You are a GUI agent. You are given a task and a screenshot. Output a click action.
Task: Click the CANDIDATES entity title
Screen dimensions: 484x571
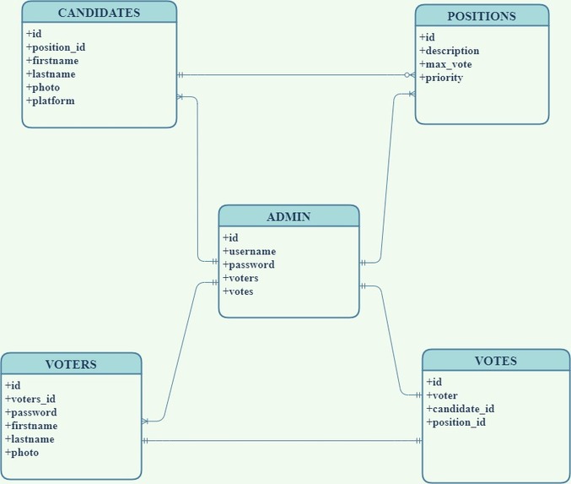(99, 13)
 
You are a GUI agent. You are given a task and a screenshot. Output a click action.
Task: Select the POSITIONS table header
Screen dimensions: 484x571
(482, 16)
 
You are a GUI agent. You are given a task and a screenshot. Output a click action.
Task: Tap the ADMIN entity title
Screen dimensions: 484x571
(288, 216)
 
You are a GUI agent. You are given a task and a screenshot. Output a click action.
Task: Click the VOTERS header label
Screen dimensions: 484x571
(71, 365)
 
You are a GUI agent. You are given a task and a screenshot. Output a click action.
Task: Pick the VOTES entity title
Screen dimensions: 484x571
(495, 361)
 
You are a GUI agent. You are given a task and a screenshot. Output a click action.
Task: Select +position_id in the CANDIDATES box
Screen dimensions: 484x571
(55, 47)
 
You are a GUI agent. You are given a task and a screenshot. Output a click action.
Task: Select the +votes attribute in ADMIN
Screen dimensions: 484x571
(238, 292)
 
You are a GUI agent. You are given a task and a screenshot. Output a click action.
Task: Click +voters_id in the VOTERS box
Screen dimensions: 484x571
(30, 399)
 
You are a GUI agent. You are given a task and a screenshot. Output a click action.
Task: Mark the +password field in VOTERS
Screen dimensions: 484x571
(31, 412)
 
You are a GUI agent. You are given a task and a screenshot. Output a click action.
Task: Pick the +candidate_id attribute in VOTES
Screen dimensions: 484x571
(460, 409)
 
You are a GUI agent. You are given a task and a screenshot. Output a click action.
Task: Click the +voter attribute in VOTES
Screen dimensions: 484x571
(442, 395)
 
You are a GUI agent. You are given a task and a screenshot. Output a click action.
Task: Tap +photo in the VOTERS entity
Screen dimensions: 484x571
(22, 453)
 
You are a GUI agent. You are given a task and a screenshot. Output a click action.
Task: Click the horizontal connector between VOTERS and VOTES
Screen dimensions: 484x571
(282, 441)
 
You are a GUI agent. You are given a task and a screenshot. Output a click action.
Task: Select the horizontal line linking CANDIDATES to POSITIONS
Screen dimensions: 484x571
(295, 75)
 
